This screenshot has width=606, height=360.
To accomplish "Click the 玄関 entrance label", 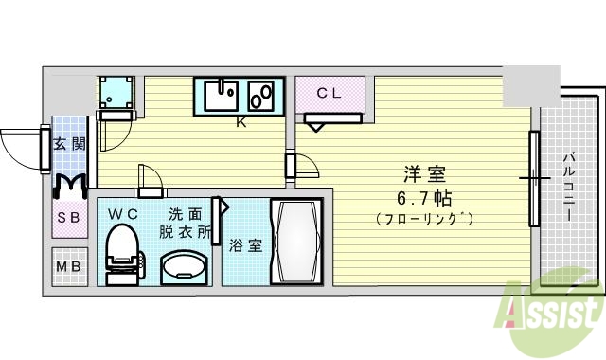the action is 68,144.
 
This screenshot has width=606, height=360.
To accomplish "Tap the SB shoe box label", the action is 68,217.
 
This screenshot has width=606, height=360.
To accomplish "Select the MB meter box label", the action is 68,265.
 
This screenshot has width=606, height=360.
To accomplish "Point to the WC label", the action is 123,214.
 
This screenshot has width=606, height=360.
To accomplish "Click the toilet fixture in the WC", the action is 120,250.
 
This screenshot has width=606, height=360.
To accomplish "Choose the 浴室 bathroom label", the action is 245,245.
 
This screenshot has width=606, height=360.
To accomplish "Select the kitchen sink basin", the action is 220,97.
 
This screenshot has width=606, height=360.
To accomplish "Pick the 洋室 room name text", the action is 425,174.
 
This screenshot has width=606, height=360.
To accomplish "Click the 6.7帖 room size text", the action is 425,198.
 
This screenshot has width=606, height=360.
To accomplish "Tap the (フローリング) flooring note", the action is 425,220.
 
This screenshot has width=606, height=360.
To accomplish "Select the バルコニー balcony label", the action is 568,188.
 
